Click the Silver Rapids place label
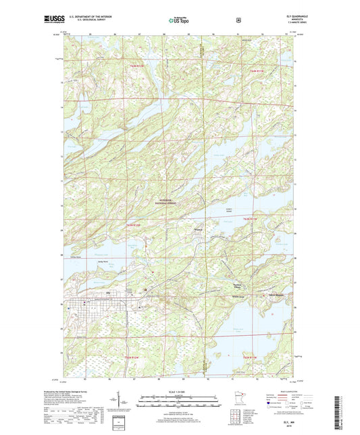tap(276, 297)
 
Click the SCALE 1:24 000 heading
tap(180, 392)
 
